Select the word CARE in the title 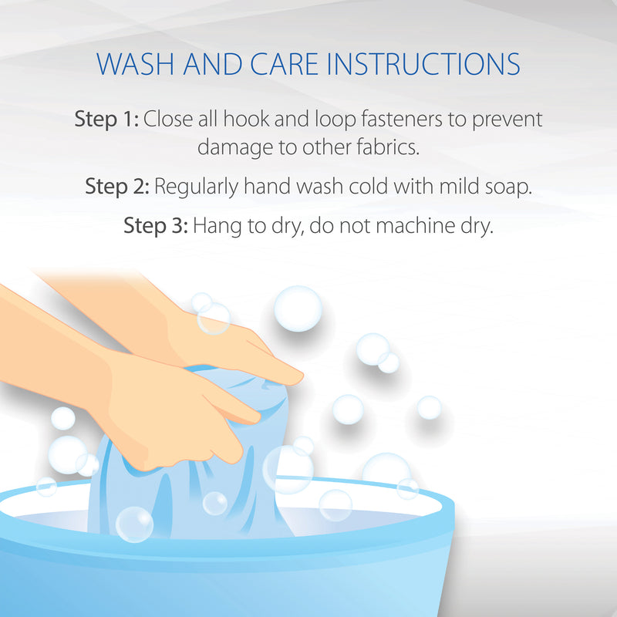click(284, 64)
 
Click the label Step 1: click(106, 120)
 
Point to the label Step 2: click(117, 186)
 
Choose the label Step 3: click(156, 226)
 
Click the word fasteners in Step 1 click(402, 119)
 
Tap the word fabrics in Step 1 click(388, 147)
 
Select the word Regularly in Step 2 click(197, 187)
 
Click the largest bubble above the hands click(298, 308)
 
